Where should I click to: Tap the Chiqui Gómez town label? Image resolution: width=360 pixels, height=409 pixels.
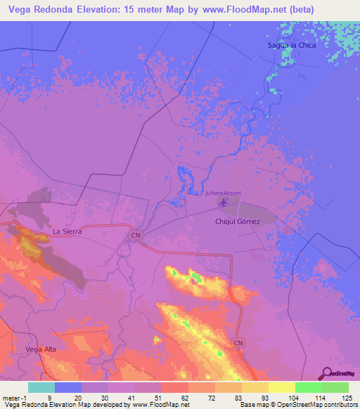[237, 222]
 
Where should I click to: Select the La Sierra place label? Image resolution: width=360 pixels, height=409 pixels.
[68, 230]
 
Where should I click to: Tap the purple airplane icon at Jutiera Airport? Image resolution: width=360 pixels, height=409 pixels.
[224, 203]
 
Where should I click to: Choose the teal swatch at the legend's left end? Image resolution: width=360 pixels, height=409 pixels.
[41, 387]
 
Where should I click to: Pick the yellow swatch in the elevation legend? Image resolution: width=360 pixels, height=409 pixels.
[281, 387]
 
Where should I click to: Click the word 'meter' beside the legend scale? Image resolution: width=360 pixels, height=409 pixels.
[12, 397]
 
